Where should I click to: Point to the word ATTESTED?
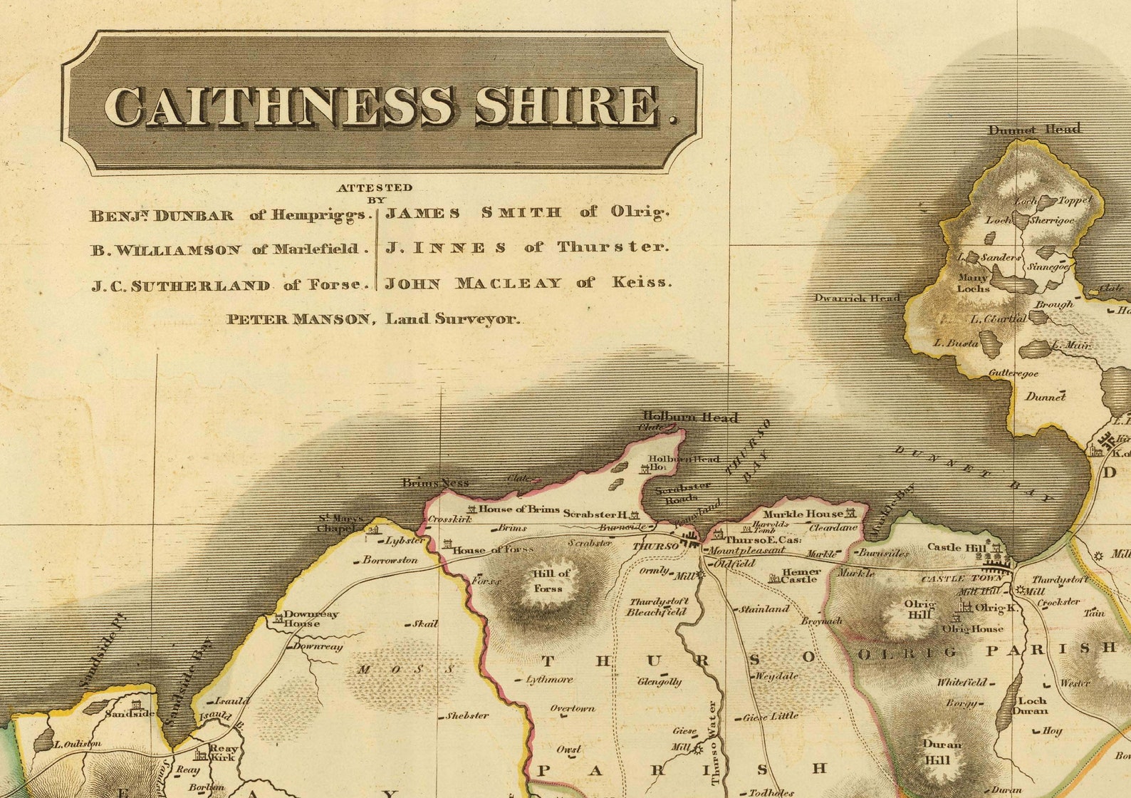pyautogui.click(x=375, y=187)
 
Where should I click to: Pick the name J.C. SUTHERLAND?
pyautogui.click(x=181, y=286)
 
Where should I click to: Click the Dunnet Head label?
pyautogui.click(x=1034, y=129)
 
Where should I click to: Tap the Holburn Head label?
pyautogui.click(x=690, y=417)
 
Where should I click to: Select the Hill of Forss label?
pyautogui.click(x=551, y=581)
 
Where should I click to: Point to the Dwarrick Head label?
pyautogui.click(x=858, y=298)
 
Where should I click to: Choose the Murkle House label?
pyautogui.click(x=803, y=514)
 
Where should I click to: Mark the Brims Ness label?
pyautogui.click(x=435, y=483)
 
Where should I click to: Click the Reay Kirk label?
pyautogui.click(x=223, y=753)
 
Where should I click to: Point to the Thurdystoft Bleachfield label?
pyautogui.click(x=657, y=606)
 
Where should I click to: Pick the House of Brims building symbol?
pyautogui.click(x=471, y=509)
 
